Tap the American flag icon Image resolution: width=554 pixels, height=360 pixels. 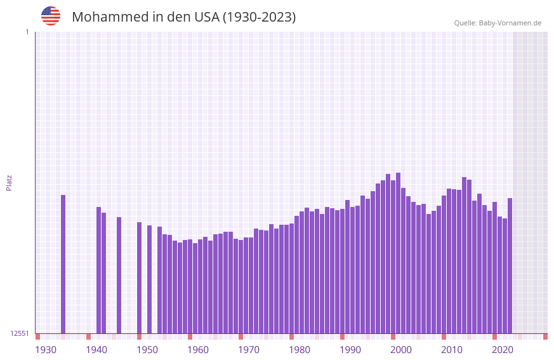tap(51, 16)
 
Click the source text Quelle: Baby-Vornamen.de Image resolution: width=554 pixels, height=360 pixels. tap(498, 23)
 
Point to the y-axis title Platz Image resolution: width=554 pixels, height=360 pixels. tap(9, 182)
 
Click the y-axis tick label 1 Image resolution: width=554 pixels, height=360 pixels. tap(27, 32)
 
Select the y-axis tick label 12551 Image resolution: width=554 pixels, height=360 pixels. tap(20, 333)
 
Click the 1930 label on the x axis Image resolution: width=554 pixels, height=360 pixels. tap(46, 350)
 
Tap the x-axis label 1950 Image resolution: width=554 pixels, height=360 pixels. tap(147, 350)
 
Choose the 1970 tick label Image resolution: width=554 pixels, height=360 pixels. tap(249, 350)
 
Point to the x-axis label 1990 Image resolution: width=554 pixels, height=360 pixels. tap(350, 350)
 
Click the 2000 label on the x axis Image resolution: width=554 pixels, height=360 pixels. tap(401, 350)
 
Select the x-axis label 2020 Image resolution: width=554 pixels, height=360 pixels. tap(503, 350)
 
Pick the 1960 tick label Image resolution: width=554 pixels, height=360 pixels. tap(198, 350)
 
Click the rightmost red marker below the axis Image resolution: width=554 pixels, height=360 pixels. tap(545, 337)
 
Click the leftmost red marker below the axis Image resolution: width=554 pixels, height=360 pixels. tap(37, 337)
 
